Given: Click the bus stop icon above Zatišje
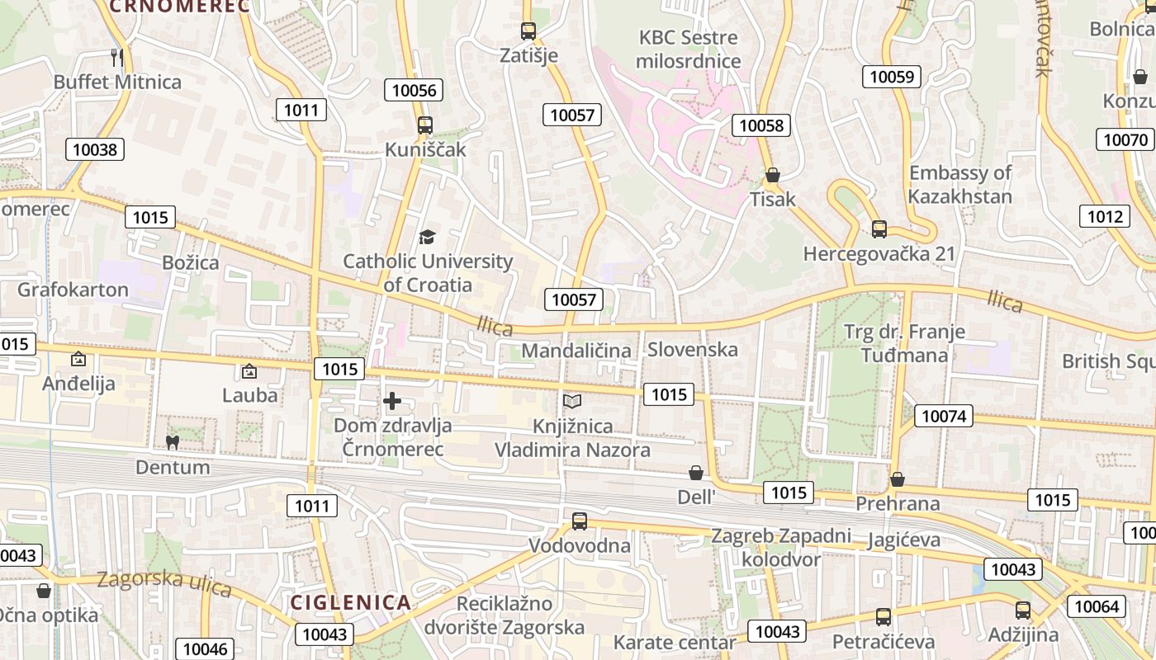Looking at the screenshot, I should pos(528,31).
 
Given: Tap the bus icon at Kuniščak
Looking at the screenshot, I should pos(424,125).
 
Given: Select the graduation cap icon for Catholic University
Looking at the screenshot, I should pos(426,238).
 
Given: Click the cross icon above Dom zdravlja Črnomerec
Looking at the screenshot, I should pos(392,402).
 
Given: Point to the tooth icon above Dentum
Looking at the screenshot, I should pos(173,443).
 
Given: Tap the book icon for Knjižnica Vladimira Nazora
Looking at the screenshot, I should pos(571,402).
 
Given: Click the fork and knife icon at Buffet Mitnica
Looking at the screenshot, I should pos(116,57).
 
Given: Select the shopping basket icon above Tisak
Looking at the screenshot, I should pos(773,175).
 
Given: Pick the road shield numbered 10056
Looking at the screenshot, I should pos(415,90).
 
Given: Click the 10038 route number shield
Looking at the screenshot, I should pos(95,149).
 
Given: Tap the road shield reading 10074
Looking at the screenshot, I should pos(944,416).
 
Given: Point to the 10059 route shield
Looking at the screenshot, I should pos(892,77).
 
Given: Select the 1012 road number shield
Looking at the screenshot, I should pos(1105,216).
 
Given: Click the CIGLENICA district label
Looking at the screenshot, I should pos(350,601).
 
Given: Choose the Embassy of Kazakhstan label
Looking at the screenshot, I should pos(959,185).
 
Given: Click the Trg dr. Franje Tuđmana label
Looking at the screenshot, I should pos(904,343).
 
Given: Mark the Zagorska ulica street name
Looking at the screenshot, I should pos(163,582).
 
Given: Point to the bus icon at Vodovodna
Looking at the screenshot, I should pos(580,521).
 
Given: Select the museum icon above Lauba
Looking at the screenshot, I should pos(249,372).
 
